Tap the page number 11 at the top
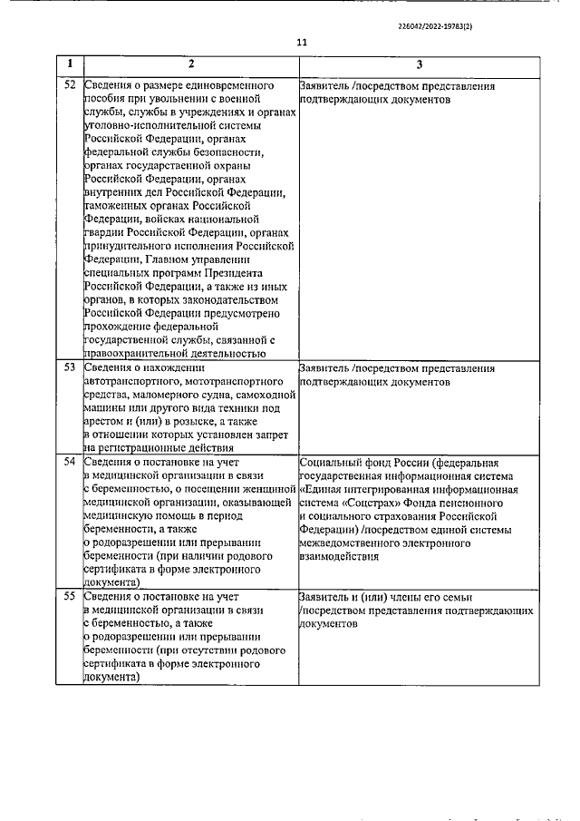[x=302, y=42]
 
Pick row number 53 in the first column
[x=69, y=369]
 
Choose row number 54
[x=69, y=462]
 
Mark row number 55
[x=69, y=597]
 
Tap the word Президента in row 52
[x=228, y=272]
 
